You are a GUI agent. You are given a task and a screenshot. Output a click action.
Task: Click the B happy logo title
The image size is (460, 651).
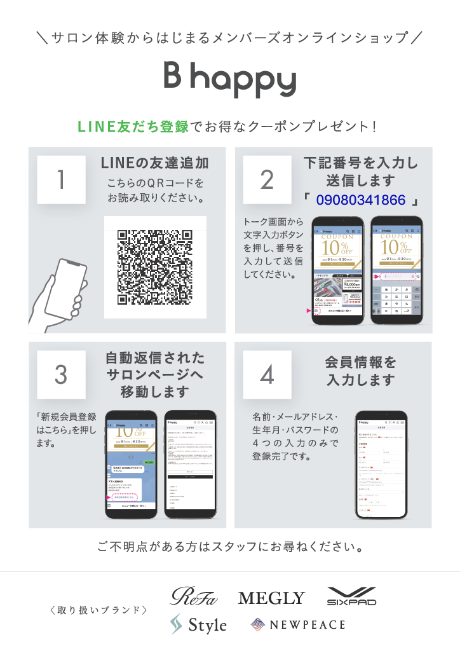pos(230,79)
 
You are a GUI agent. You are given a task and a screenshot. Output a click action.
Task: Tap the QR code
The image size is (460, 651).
pos(155,267)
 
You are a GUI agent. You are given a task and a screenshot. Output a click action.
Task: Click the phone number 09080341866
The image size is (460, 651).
pos(361,200)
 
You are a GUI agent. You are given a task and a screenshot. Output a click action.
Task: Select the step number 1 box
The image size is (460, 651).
pos(61,180)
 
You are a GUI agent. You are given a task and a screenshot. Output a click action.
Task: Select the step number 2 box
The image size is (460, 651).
pos(267,180)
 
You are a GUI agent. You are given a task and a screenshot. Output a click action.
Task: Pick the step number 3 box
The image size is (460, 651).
pos(61,374)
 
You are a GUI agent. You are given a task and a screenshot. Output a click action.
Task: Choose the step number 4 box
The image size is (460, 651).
pos(267,374)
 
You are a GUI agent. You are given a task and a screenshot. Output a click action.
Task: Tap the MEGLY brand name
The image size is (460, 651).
pos(271,598)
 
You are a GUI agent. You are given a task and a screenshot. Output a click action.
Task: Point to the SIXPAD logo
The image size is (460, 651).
pos(351,596)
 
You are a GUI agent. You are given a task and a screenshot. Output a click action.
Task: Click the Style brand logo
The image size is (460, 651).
pos(198,625)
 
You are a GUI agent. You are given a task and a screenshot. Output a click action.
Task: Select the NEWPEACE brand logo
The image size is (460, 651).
pos(298,625)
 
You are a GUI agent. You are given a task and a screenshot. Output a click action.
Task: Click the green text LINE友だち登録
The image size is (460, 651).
pos(133,127)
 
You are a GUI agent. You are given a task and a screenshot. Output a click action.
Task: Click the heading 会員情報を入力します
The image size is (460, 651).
pos(361,371)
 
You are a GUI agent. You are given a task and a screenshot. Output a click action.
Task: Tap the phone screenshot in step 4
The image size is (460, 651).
pos(381,464)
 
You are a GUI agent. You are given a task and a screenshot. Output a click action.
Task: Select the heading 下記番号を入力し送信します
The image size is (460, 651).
pos(361,172)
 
